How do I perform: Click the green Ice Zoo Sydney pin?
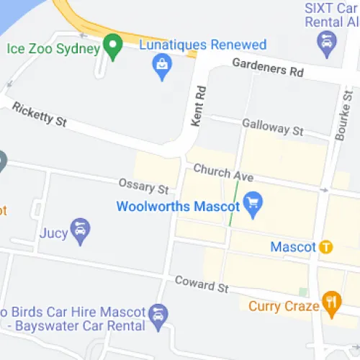112,47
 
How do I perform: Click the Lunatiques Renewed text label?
203,45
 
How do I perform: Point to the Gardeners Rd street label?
268,68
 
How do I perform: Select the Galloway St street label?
273,128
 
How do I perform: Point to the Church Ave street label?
223,172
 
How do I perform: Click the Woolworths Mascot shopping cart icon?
252,204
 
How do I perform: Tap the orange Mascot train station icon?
326,247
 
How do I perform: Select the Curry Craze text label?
284,306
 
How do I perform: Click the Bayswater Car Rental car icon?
158,315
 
